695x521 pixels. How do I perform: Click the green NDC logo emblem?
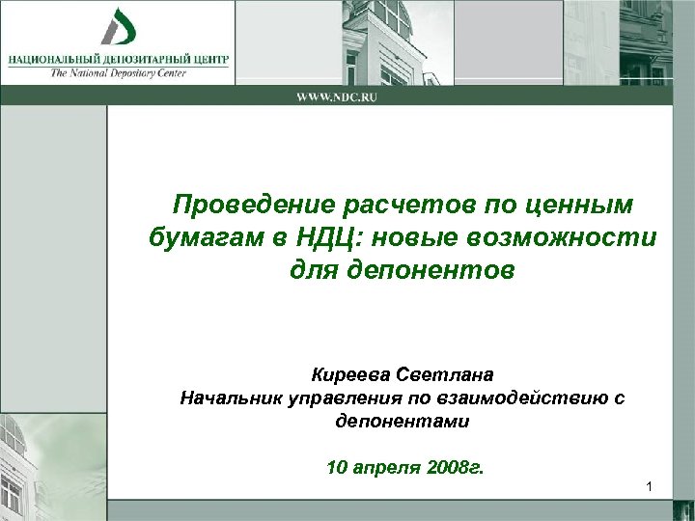click(119, 26)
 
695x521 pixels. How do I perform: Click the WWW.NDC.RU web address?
click(336, 96)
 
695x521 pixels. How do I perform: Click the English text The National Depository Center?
click(119, 70)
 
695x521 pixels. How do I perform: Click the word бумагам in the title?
click(191, 237)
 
